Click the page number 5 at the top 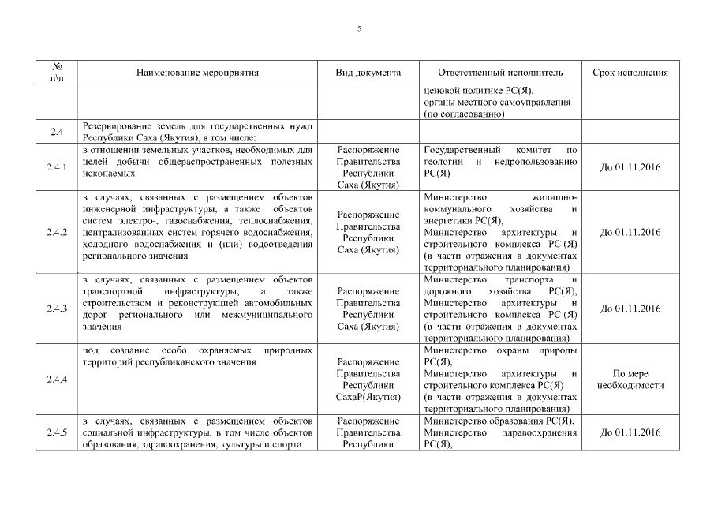point(359,28)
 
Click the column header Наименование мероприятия point(197,73)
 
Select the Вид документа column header point(368,73)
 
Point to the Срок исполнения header point(630,73)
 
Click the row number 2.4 point(57,132)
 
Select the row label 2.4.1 point(57,167)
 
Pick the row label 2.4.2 point(57,232)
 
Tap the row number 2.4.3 point(57,309)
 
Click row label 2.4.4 point(57,380)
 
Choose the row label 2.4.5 point(57,433)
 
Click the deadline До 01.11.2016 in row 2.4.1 point(630,167)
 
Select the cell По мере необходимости point(630,380)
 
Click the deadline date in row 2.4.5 point(630,433)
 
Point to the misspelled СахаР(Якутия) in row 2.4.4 point(368,397)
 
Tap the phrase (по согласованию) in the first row point(464,114)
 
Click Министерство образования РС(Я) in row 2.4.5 point(499,421)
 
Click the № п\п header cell point(57,73)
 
